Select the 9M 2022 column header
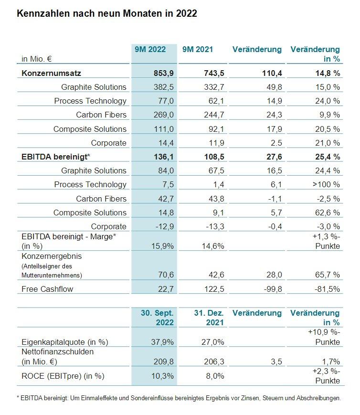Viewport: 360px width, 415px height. tap(150, 50)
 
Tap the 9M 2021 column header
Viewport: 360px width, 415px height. tap(198, 50)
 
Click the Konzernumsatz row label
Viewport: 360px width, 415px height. tap(51, 73)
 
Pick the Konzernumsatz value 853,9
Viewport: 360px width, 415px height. tap(164, 73)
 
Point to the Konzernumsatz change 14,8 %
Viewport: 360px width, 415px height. tap(328, 73)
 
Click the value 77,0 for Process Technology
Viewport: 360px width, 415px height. tap(166, 101)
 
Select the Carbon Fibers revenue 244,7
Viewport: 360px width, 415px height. tap(214, 115)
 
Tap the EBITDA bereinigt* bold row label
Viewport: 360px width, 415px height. tap(56, 157)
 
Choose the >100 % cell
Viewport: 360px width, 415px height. tap(326, 184)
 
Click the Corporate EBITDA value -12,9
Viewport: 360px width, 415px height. tap(165, 226)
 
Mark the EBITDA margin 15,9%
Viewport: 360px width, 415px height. tap(162, 246)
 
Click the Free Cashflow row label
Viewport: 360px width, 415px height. tap(47, 289)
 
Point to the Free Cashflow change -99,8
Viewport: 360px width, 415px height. tap(273, 289)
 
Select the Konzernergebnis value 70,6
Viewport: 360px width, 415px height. tap(166, 275)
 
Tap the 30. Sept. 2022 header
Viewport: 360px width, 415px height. tap(157, 318)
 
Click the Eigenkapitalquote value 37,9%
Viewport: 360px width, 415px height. tap(162, 342)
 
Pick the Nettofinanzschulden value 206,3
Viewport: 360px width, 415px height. tap(214, 362)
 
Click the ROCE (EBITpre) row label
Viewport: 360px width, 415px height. tap(63, 376)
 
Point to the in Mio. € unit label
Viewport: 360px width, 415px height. tap(37, 59)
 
